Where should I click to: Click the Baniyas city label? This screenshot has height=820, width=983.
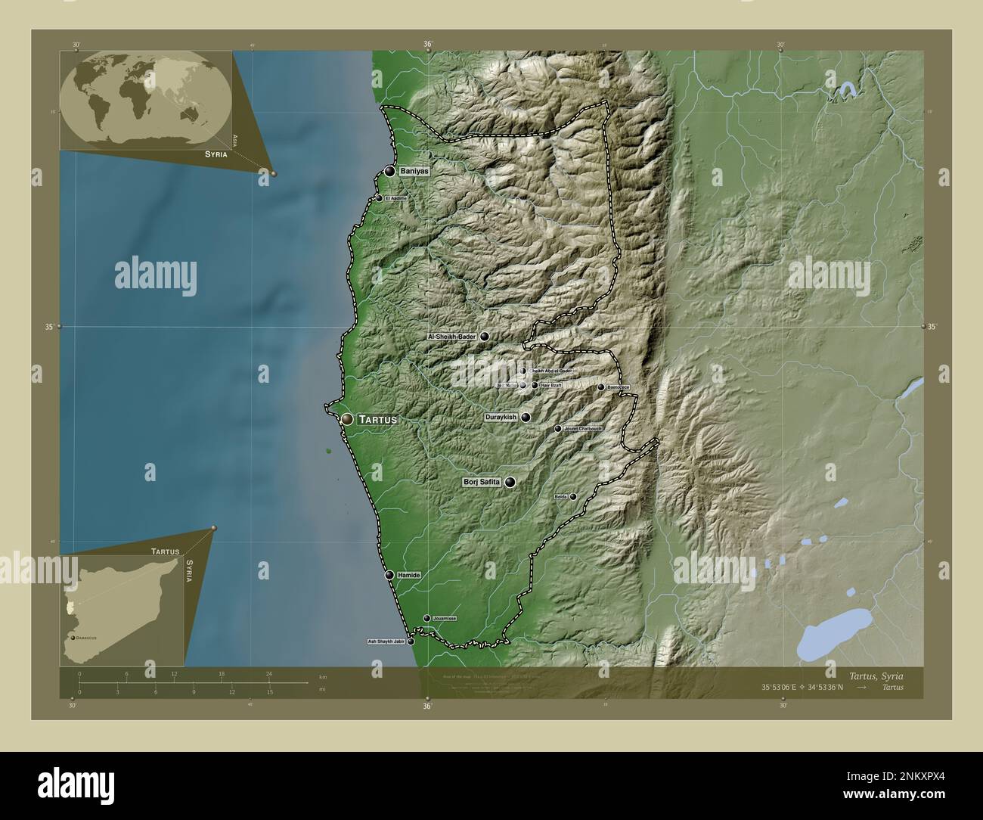(x=414, y=172)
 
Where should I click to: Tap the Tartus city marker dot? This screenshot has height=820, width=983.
(x=347, y=418)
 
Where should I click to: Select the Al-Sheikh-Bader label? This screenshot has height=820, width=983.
(x=452, y=337)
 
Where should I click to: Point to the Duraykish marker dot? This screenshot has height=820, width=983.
(x=526, y=417)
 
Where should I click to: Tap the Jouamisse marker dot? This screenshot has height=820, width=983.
(x=426, y=618)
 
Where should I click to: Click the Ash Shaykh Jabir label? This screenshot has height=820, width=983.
(x=386, y=641)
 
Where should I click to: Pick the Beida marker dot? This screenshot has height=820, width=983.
(x=573, y=497)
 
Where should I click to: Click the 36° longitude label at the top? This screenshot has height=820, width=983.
(x=428, y=44)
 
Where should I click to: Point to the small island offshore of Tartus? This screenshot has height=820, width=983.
(x=329, y=452)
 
